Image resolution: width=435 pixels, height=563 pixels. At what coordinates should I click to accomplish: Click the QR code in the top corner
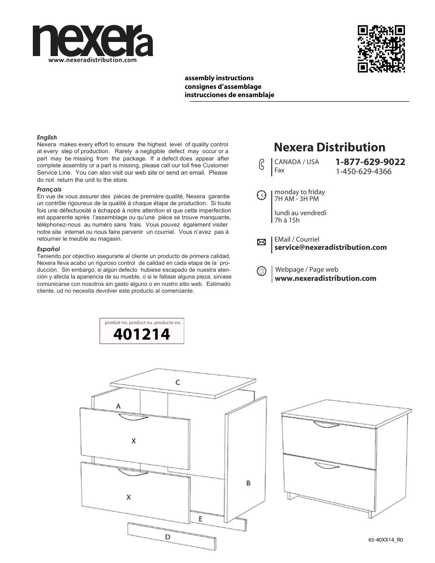(381, 48)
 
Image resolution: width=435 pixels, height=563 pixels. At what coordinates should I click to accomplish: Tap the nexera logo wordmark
(93, 41)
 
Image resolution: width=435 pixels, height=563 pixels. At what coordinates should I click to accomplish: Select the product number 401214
(141, 335)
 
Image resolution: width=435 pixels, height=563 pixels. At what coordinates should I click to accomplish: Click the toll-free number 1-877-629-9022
(370, 162)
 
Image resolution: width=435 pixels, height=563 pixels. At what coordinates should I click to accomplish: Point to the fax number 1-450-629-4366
(363, 171)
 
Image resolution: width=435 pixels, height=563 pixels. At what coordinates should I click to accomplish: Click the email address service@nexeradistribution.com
(330, 248)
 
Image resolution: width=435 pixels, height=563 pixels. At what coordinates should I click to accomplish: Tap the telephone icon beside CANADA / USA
(261, 165)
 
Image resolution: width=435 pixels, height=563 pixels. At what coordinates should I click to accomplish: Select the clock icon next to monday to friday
(261, 195)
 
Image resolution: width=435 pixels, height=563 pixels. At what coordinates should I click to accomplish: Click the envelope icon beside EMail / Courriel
(261, 242)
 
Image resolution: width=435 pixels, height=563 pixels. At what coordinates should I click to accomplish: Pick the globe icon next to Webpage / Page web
(261, 271)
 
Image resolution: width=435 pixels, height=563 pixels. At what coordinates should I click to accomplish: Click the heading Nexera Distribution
(329, 147)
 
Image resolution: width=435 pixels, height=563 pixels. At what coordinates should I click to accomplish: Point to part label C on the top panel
(177, 382)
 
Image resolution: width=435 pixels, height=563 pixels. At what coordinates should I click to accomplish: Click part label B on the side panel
(249, 483)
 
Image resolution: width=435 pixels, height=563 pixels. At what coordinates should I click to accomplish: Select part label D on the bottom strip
(167, 537)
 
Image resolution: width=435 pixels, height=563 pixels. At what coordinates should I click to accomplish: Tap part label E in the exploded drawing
(200, 519)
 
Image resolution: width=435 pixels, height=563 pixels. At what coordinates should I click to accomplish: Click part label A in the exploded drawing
(119, 405)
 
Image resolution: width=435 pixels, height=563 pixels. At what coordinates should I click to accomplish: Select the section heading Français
(49, 189)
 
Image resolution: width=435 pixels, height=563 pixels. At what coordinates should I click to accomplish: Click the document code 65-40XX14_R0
(385, 540)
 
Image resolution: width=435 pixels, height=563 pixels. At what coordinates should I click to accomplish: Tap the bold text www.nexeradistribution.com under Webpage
(325, 279)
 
